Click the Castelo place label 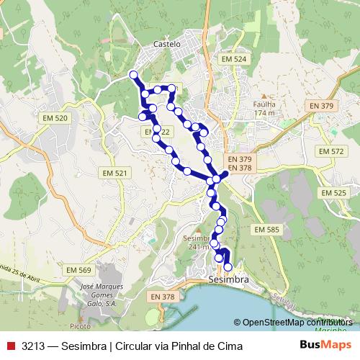point(166,43)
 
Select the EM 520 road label point(55,118)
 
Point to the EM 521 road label point(115,174)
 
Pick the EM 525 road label point(334,193)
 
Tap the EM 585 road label point(266,229)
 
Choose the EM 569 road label point(80,270)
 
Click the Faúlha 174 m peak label point(265,108)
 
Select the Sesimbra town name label point(228,279)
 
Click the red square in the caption point(9,346)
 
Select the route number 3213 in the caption point(33,346)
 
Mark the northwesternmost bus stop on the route point(132,75)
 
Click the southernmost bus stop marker point(228,268)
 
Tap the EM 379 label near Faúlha point(322,106)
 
